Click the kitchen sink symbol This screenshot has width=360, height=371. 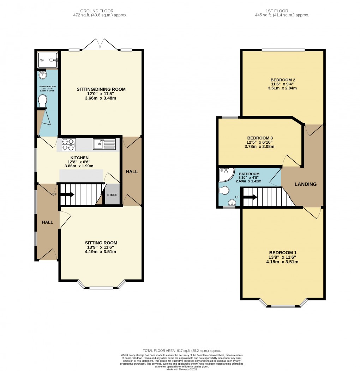104,144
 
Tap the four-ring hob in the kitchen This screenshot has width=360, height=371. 69,144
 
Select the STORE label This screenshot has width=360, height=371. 112,195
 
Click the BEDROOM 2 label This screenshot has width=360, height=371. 283,80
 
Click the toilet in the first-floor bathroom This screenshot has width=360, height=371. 224,191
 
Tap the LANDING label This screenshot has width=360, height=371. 306,184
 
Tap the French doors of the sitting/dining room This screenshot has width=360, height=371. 101,45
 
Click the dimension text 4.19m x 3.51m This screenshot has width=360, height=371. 101,252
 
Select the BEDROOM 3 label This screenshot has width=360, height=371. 260,138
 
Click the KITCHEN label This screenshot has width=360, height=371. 79,158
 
